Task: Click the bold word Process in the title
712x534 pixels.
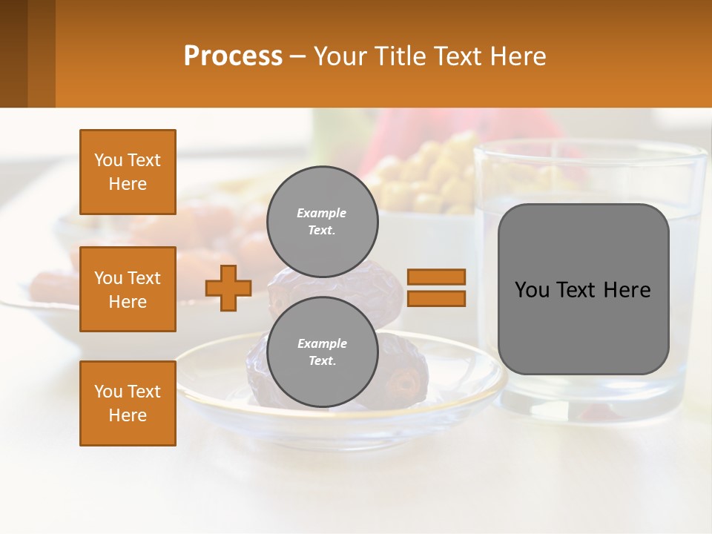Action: point(233,56)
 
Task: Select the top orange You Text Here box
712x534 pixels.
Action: point(128,172)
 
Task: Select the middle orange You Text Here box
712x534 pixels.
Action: point(128,289)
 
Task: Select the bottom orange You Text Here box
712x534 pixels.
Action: point(128,403)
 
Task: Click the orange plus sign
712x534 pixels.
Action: point(228,288)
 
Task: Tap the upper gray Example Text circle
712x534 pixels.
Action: point(322,222)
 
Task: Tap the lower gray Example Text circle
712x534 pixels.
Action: point(322,352)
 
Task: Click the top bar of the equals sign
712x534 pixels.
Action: point(437,277)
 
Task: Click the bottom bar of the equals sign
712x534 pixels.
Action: point(437,299)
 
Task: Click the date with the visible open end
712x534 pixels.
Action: point(405,382)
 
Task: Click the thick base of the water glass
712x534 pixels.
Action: point(593,404)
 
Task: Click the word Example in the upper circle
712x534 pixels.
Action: point(321,213)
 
